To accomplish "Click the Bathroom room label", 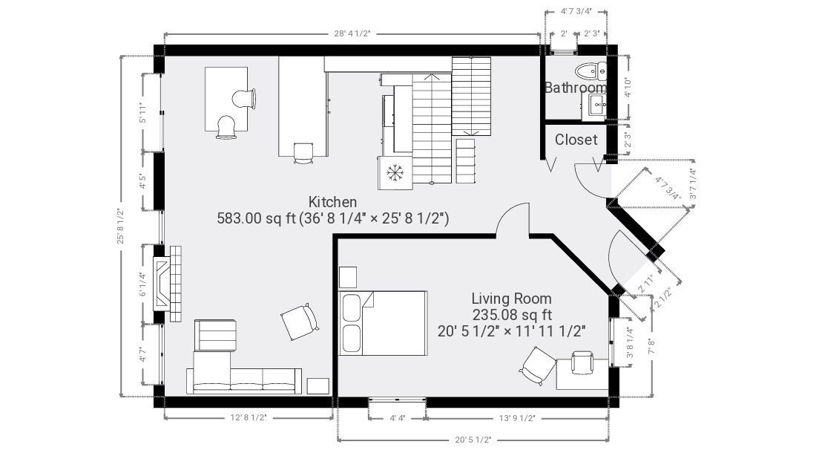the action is pos(576,88).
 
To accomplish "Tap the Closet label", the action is pos(576,140).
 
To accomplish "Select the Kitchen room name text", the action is pos(332,202).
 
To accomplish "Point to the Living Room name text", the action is pos(511,299).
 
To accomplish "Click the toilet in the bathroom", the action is pos(591,70).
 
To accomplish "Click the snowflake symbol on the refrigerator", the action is pos(395,172).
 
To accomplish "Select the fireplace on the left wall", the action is pos(167,284).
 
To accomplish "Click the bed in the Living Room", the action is pos(383,323).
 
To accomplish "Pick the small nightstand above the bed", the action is pos(348,277).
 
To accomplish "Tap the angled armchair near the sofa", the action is pos(300,321).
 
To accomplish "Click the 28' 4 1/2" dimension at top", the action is pos(352,34).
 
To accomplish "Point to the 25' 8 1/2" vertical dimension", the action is pos(121,226).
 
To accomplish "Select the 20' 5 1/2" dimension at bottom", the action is pos(473,440).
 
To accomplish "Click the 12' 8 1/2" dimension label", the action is pos(249,418).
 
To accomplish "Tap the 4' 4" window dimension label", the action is pos(398,418).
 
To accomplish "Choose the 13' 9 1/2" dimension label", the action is pos(517,418).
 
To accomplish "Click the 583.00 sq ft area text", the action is pos(257,218).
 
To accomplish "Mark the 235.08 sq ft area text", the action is pos(512,315).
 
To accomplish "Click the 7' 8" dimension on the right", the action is pos(651,345).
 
